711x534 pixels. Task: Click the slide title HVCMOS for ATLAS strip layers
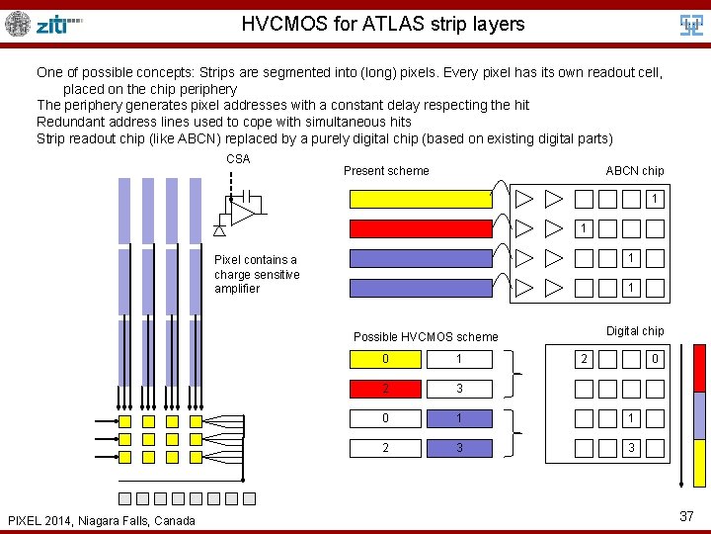[x=383, y=23]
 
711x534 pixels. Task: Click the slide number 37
[x=687, y=515]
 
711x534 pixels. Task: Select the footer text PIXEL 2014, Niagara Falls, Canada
[x=102, y=520]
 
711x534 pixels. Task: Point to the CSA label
[x=238, y=159]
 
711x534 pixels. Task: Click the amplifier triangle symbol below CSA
[x=241, y=210]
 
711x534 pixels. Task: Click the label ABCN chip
[x=634, y=171]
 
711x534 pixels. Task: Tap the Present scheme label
[x=386, y=171]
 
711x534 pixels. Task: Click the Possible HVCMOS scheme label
[x=426, y=337]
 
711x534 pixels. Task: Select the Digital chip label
[x=635, y=331]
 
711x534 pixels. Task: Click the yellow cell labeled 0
[x=385, y=359]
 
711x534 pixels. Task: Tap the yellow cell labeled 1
[x=458, y=359]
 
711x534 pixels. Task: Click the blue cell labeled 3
[x=458, y=448]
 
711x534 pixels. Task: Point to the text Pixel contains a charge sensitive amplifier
[x=257, y=274]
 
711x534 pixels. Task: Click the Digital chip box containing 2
[x=584, y=359]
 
